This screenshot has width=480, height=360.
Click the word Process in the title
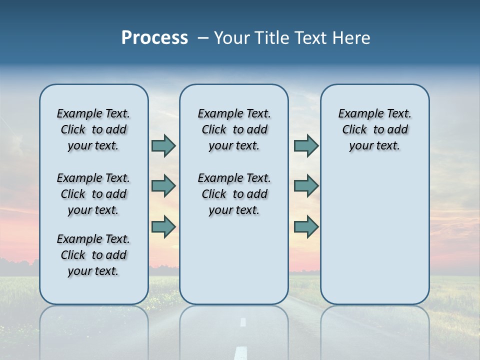(x=154, y=38)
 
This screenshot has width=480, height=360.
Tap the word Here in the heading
(x=352, y=38)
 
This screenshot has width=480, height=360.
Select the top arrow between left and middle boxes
(x=163, y=145)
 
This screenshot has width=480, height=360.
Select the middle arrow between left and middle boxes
(x=163, y=186)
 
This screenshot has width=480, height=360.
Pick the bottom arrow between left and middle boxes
(x=163, y=226)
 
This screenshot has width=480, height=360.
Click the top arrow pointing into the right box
(x=306, y=145)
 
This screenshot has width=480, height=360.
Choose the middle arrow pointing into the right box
(x=306, y=186)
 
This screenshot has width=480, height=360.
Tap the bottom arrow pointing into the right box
(x=306, y=226)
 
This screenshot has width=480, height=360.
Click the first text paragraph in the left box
(x=93, y=129)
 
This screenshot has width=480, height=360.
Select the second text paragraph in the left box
(x=93, y=194)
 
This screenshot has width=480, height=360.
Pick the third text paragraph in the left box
(x=93, y=255)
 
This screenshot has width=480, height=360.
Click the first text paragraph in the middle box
(x=234, y=129)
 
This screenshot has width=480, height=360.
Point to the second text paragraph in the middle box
(x=234, y=194)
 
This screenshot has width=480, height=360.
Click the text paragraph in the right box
(x=374, y=129)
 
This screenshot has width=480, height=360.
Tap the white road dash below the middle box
(x=243, y=322)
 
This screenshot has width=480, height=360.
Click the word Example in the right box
(x=357, y=113)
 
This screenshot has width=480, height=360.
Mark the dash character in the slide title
(x=203, y=38)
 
